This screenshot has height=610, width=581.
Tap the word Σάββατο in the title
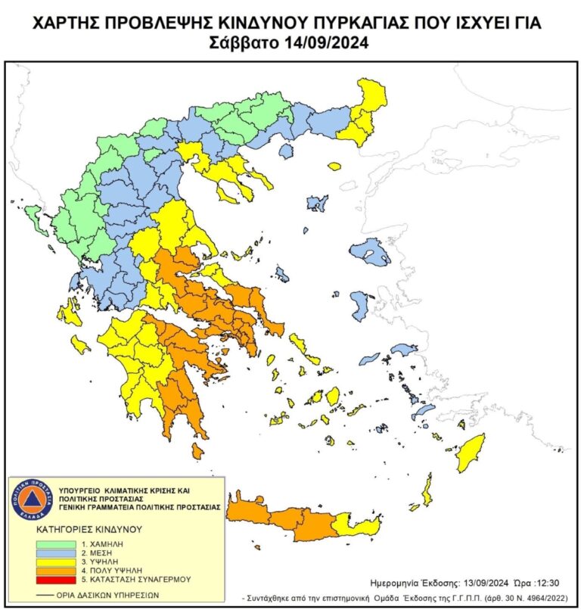tap(244, 43)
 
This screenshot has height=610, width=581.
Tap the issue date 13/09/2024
tap(492, 583)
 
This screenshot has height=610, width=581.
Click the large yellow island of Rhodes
tap(470, 451)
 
